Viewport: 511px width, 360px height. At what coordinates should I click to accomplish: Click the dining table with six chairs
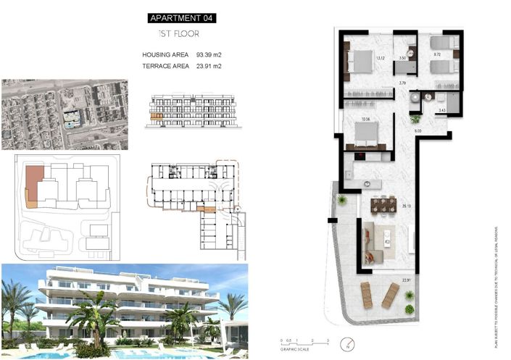pyautogui.click(x=384, y=206)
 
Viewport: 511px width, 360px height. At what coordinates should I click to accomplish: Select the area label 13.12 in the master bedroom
pyautogui.click(x=381, y=59)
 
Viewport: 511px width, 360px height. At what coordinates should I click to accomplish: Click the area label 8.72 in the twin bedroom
pyautogui.click(x=438, y=54)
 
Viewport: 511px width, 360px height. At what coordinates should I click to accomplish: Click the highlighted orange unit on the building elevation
pyautogui.click(x=154, y=115)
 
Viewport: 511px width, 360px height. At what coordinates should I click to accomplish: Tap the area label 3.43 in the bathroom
pyautogui.click(x=441, y=110)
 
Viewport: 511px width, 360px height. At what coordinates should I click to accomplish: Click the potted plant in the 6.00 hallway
pyautogui.click(x=415, y=118)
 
